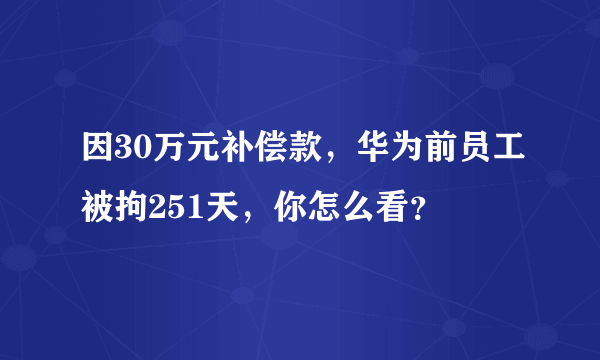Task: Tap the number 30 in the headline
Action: click(130, 155)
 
